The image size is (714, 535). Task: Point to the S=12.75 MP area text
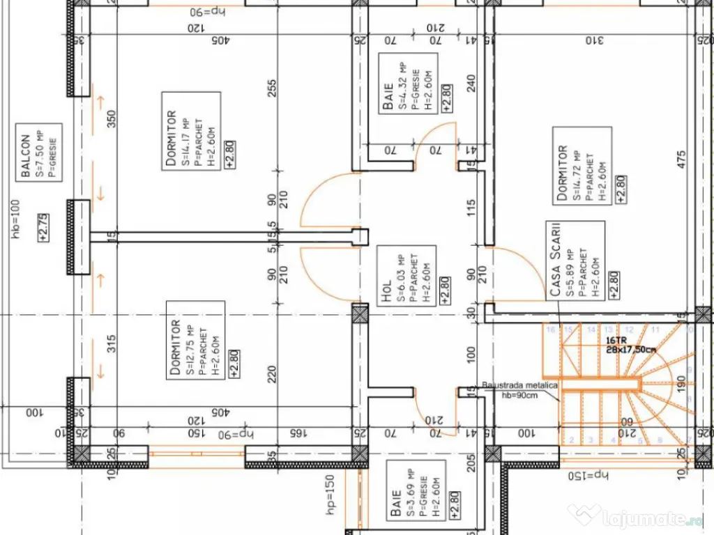point(190,339)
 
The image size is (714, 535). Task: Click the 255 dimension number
point(273,88)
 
